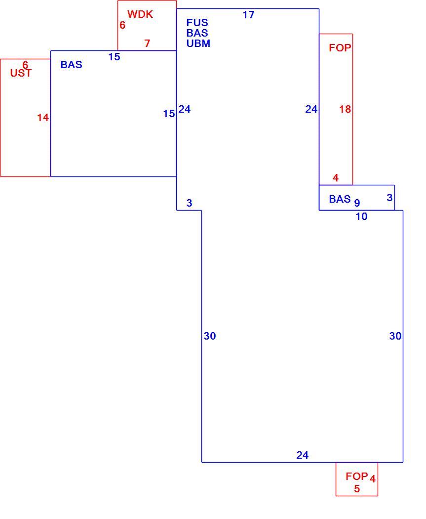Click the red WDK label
pos(140,14)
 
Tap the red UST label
pos(21,73)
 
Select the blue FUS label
pos(197,23)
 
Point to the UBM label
pos(198,43)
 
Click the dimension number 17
pos(248,15)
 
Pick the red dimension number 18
pos(345,109)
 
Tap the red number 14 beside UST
pos(43,118)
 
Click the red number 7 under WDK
pos(147,43)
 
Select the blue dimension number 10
pos(361,216)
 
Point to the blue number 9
pos(357,203)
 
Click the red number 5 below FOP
pos(357,488)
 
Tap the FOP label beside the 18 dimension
pos(340,48)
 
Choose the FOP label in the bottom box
pos(356,476)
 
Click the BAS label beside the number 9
pos(340,199)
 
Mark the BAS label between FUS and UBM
pos(197,33)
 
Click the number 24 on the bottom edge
pos(303,455)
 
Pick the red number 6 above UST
pos(25,65)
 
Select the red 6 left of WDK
pos(122,25)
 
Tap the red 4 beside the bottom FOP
pos(373,478)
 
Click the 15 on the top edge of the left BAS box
pos(115,57)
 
